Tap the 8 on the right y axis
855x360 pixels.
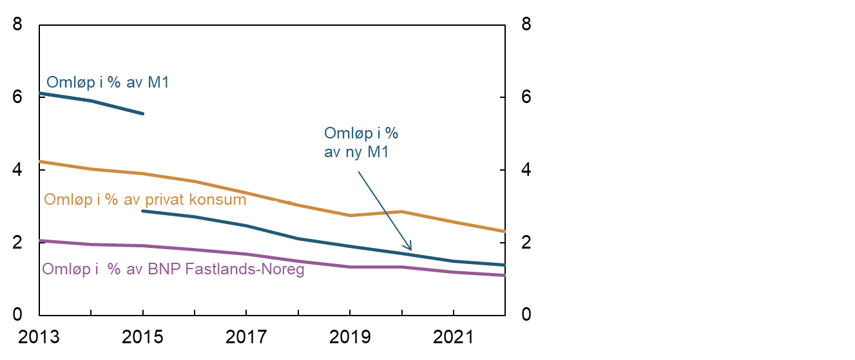pos(526,25)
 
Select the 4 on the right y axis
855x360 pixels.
pos(526,170)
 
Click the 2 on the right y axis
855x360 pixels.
pos(526,243)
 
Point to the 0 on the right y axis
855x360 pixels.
pos(526,315)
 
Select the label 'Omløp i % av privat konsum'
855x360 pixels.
pos(145,200)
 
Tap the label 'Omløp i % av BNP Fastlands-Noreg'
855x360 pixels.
pos(173,269)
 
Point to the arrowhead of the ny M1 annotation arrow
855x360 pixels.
pos(410,249)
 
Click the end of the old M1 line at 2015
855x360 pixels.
pos(143,114)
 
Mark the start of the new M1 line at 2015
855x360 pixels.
pos(143,211)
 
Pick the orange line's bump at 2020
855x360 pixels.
pos(402,211)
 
